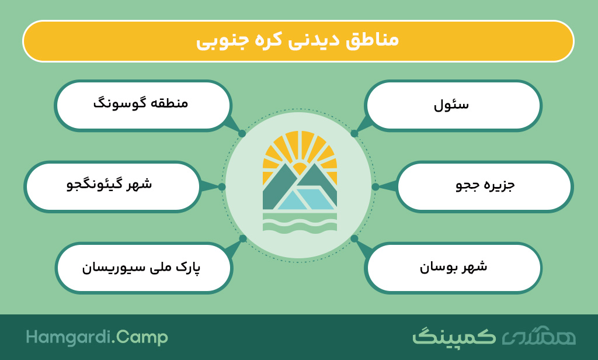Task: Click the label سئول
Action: click(451, 105)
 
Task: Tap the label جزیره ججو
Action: click(485, 185)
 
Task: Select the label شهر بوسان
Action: click(453, 266)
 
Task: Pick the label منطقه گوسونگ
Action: click(141, 103)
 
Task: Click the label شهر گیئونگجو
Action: click(109, 184)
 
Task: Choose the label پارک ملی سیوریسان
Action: click(141, 267)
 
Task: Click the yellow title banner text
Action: click(297, 40)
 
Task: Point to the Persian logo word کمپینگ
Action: click(454, 336)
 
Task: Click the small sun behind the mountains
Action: click(300, 168)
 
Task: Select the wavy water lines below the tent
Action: click(300, 223)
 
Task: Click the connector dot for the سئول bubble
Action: click(354, 134)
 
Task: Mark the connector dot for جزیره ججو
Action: click(376, 186)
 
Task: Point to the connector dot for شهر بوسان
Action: click(354, 238)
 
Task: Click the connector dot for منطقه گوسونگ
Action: click(242, 134)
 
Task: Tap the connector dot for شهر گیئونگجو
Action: click(222, 186)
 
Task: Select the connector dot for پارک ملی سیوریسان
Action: click(243, 238)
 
